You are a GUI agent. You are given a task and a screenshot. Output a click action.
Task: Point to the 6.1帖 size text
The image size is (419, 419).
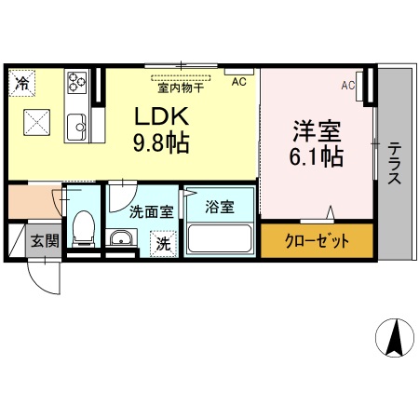[x=315, y=156]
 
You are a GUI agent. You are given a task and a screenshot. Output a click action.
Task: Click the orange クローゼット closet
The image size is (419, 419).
[x=317, y=241]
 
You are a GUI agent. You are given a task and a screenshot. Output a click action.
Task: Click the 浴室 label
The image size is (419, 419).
[x=220, y=205]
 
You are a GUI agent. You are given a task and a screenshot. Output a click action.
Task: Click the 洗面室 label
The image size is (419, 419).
[x=151, y=211]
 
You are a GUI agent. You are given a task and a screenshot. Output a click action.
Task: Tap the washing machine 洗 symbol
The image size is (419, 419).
[x=163, y=244]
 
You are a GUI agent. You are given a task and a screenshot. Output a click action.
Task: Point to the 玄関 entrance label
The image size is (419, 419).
[x=43, y=240]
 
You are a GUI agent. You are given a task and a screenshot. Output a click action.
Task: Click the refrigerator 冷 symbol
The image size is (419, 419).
[x=21, y=83]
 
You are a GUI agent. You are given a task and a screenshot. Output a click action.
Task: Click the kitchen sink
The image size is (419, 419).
[x=76, y=123]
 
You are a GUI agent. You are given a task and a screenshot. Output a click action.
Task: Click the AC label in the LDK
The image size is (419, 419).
[x=238, y=82]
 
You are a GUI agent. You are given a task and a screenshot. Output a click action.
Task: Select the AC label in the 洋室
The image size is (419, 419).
[x=347, y=86]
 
